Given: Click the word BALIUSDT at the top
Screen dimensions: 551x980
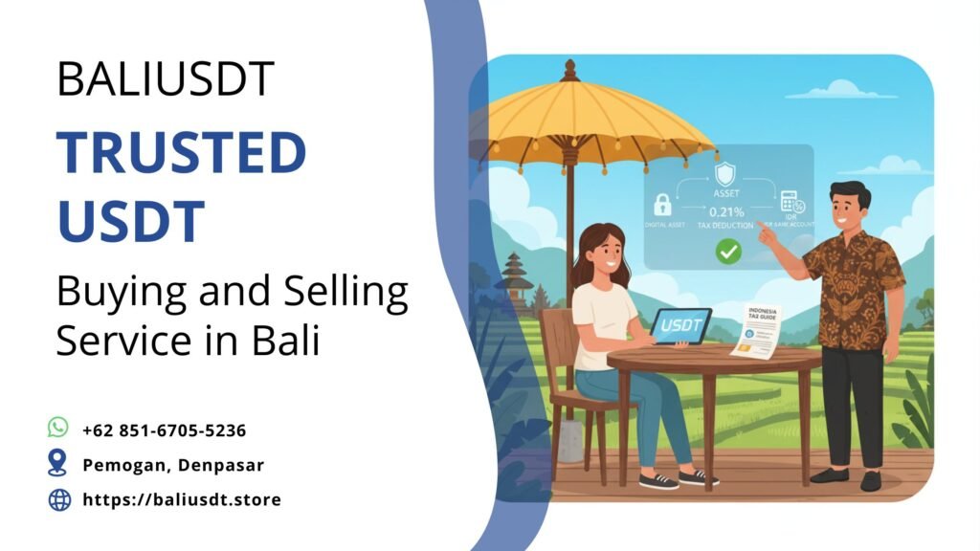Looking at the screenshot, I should (166, 78).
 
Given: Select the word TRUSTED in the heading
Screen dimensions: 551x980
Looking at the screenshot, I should (181, 153).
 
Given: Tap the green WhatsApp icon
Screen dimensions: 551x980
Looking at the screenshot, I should (58, 428).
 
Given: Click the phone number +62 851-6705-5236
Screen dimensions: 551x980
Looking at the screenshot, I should (164, 430).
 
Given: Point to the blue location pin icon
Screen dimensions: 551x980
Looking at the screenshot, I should (58, 463).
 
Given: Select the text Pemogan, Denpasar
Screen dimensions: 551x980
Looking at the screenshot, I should (172, 465).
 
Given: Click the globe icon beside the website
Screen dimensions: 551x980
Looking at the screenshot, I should (59, 498).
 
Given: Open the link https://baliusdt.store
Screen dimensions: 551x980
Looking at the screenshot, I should (182, 499).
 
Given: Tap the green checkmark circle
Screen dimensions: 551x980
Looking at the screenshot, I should (729, 253).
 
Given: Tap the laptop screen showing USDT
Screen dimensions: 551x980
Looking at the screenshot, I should (680, 324).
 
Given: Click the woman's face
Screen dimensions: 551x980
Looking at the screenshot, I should (601, 252).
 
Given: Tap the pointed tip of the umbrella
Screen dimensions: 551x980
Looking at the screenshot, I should (570, 68).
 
